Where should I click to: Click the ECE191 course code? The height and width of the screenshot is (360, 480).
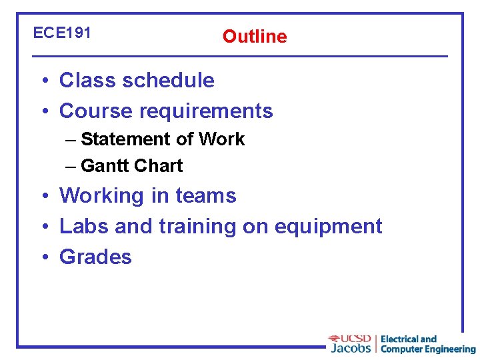pos(62,33)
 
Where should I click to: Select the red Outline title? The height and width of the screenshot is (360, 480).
pos(255,37)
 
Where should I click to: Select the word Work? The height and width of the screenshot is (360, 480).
pos(221,139)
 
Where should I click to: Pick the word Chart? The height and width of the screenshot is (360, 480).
pos(159,166)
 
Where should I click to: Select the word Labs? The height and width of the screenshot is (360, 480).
pos(84,227)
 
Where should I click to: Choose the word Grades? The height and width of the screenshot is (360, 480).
pos(96,257)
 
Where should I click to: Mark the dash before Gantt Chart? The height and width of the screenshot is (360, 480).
pos(71,166)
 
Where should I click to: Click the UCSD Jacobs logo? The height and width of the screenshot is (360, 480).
pos(351,343)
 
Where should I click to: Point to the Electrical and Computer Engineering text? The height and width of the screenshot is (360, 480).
pos(427,344)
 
